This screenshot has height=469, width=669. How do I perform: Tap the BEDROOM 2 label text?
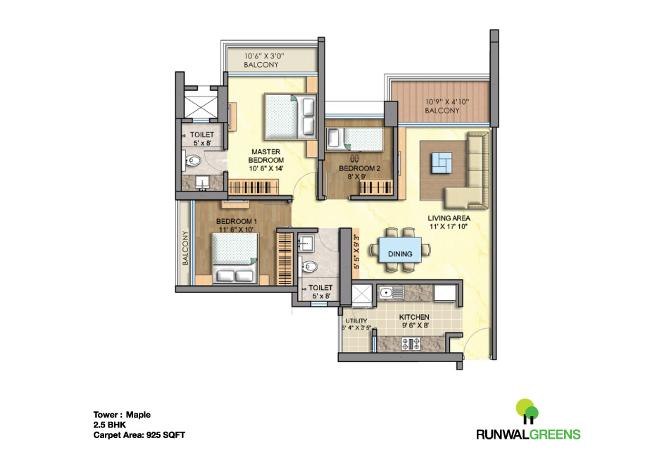click(x=359, y=173)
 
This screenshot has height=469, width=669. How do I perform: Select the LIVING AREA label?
click(x=449, y=223)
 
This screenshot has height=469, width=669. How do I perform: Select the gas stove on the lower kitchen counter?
click(x=410, y=344)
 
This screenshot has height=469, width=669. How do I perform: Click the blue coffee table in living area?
click(x=443, y=163)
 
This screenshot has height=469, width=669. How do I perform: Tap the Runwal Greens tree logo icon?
click(x=527, y=410)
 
